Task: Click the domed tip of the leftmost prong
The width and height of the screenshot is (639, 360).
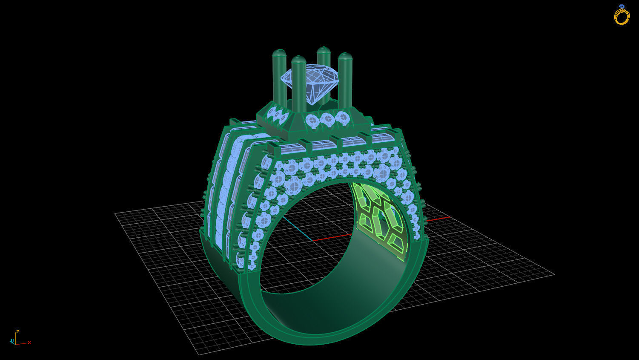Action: pyautogui.click(x=279, y=53)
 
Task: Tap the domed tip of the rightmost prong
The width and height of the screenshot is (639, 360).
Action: pyautogui.click(x=345, y=57)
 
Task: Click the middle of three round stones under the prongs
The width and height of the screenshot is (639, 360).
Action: pyautogui.click(x=327, y=119)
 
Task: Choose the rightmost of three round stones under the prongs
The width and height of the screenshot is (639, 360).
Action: pyautogui.click(x=341, y=117)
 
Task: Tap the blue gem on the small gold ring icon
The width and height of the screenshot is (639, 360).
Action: pyautogui.click(x=622, y=6)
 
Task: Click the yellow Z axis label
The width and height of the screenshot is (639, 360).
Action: pyautogui.click(x=17, y=331)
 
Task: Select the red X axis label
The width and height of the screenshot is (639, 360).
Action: pyautogui.click(x=29, y=342)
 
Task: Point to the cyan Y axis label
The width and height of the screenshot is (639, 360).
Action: pyautogui.click(x=11, y=341)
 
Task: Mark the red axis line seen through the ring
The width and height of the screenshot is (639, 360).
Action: pyautogui.click(x=332, y=236)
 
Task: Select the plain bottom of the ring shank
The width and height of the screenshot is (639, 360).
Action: pyautogui.click(x=324, y=337)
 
